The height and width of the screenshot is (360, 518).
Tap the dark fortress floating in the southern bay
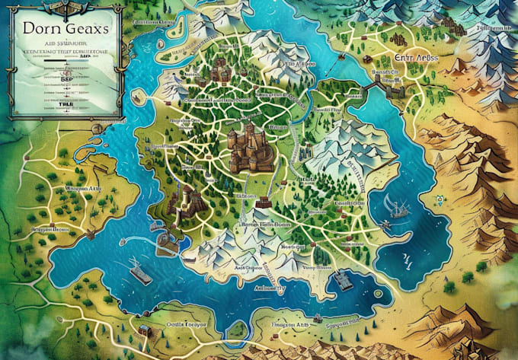click(x=341, y=279)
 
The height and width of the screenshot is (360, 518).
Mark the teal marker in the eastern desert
click(x=439, y=201)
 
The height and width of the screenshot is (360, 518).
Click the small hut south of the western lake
click(x=142, y=330)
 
